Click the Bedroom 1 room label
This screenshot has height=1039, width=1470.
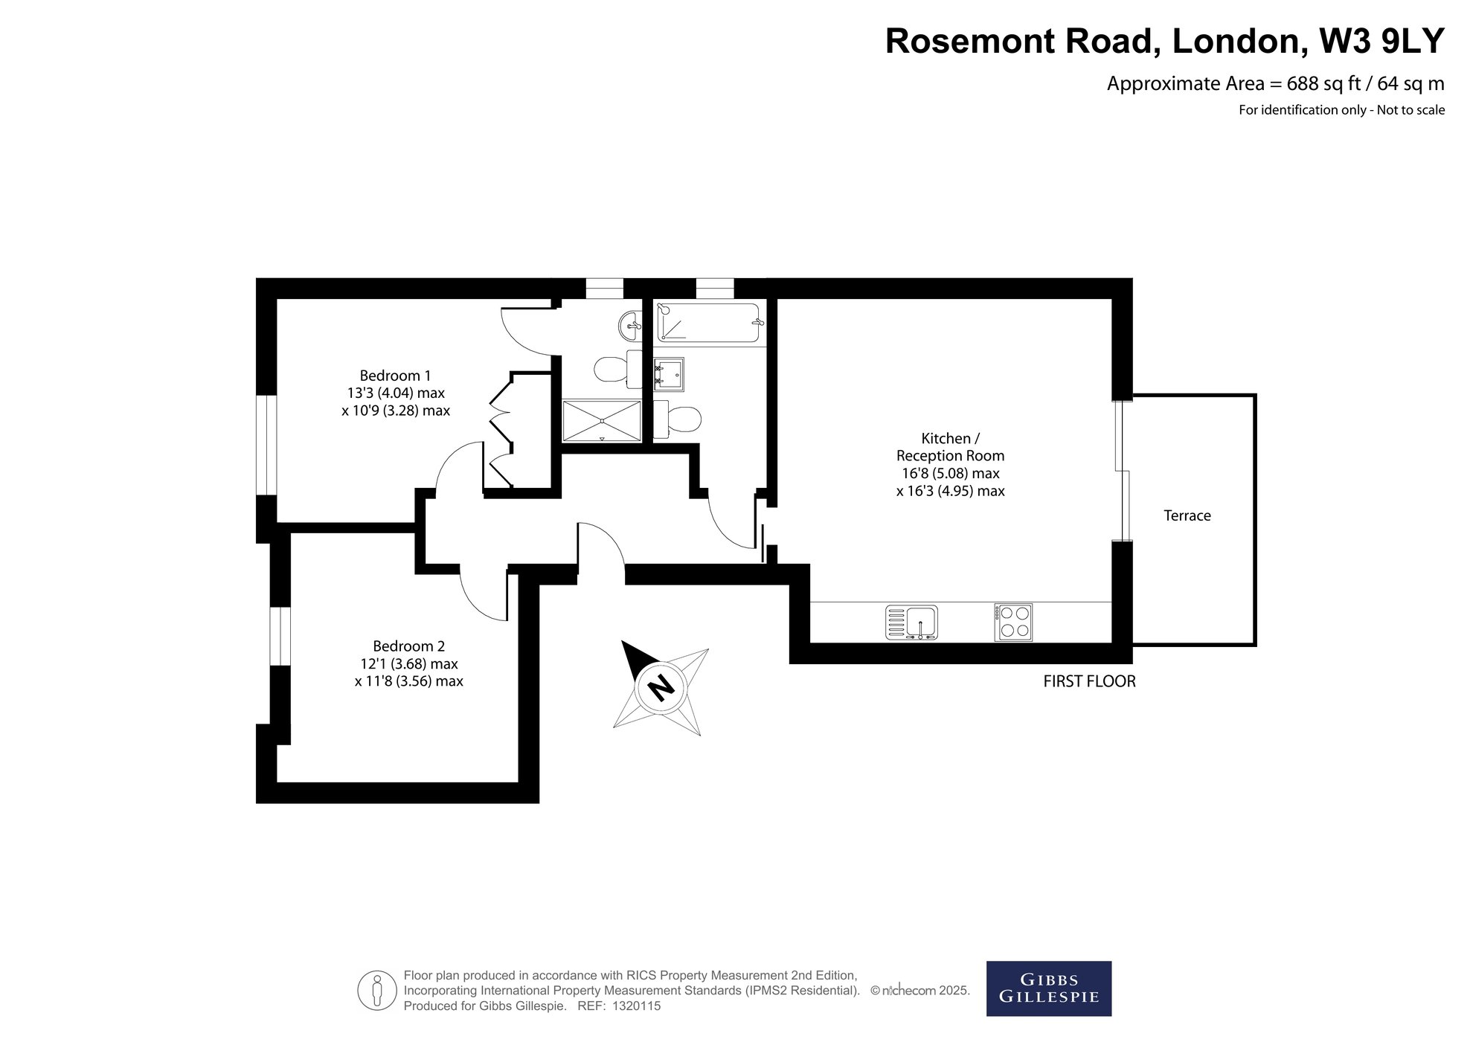click(395, 376)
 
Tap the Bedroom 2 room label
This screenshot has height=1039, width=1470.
click(408, 646)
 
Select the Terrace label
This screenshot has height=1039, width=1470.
click(1187, 515)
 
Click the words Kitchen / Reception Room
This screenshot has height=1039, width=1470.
click(950, 447)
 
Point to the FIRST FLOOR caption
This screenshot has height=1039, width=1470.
click(1089, 681)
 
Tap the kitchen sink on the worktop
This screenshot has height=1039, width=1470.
click(911, 623)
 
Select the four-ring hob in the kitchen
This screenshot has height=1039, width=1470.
click(1012, 623)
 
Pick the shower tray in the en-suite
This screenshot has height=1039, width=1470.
click(602, 421)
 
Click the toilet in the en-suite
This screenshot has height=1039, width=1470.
click(617, 369)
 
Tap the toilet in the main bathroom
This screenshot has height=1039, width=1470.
click(677, 419)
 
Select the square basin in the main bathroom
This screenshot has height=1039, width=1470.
click(669, 374)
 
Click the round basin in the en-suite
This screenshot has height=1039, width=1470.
click(630, 324)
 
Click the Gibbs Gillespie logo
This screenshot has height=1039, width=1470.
click(1049, 988)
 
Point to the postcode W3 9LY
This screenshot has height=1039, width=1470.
click(1381, 41)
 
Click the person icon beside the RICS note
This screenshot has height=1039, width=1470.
click(377, 991)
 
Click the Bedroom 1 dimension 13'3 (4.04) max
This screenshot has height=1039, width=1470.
click(396, 393)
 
